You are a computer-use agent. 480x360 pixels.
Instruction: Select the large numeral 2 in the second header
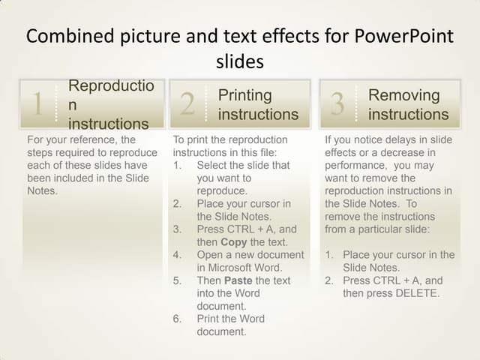pyautogui.click(x=187, y=104)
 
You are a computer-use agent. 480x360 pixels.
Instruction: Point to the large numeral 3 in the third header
pyautogui.click(x=337, y=104)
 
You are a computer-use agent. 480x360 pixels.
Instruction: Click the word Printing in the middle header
pyautogui.click(x=245, y=95)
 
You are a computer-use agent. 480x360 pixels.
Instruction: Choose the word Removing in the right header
pyautogui.click(x=404, y=95)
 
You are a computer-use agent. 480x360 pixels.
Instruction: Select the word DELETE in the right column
pyautogui.click(x=418, y=293)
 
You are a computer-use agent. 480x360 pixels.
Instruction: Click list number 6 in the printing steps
pyautogui.click(x=177, y=319)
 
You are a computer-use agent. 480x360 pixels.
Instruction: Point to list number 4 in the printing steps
pyautogui.click(x=177, y=255)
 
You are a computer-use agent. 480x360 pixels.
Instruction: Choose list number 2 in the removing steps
pyautogui.click(x=329, y=280)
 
